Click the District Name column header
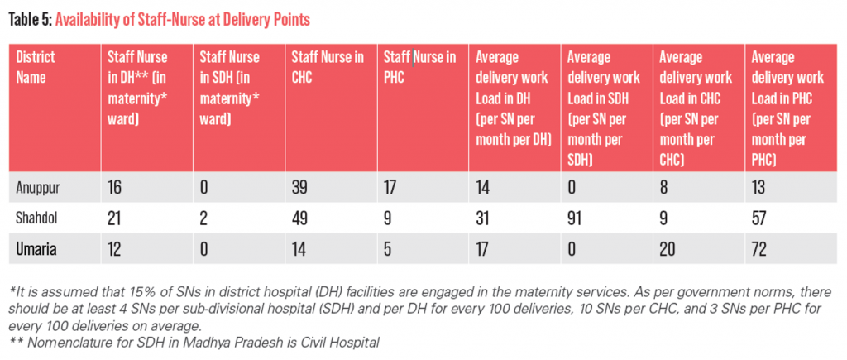[36, 67]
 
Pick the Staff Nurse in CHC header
[328, 67]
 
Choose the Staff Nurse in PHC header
[419, 67]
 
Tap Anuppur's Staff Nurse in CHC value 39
[300, 188]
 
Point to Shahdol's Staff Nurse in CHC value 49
[300, 218]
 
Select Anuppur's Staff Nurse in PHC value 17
[391, 188]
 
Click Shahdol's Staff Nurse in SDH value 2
[203, 218]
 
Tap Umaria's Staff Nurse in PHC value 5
[387, 248]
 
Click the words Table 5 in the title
[30, 20]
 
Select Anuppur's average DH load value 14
[483, 188]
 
